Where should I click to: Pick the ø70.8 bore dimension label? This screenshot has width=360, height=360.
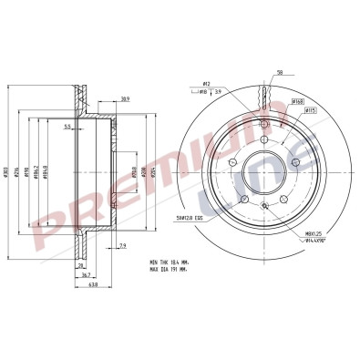133,170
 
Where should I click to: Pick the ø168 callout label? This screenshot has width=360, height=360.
297,101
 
